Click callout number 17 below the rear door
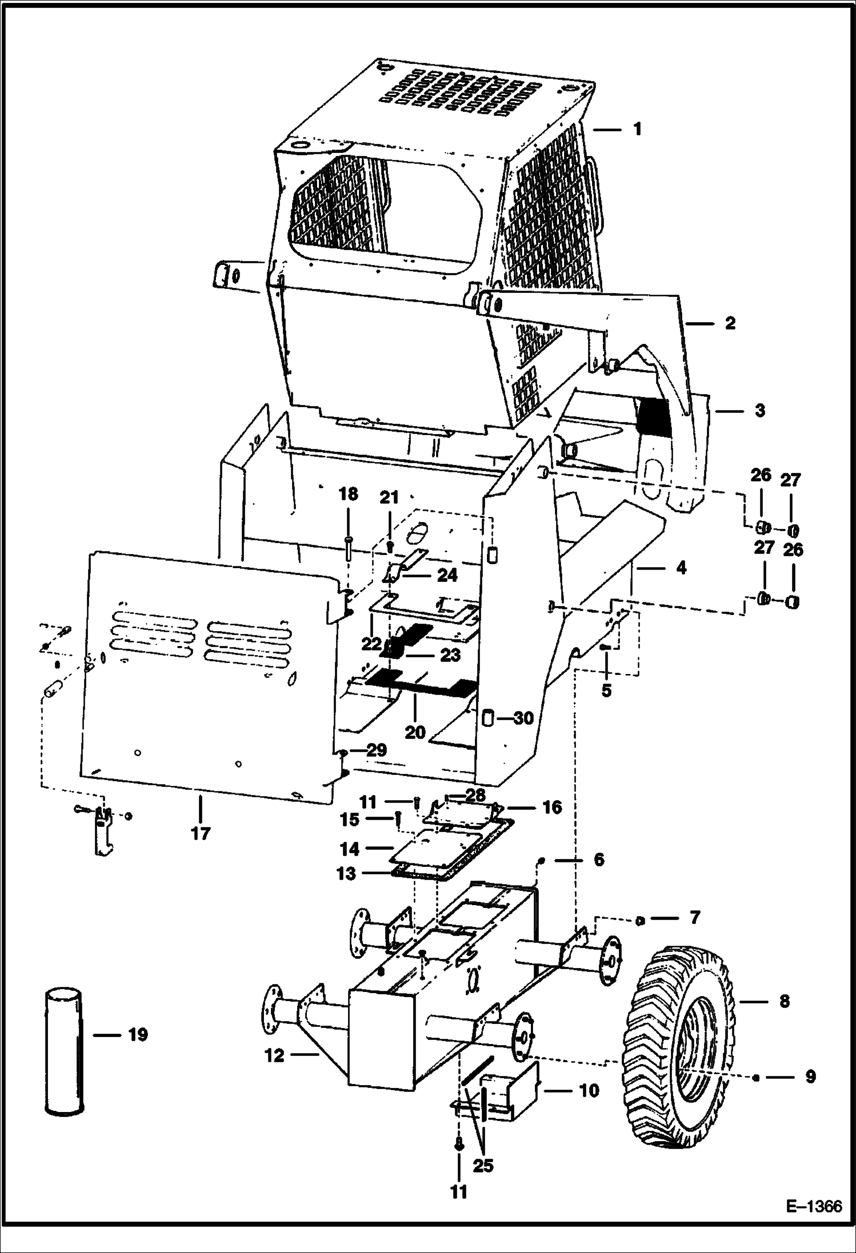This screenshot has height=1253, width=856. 201,833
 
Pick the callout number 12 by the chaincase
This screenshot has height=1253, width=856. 274,1055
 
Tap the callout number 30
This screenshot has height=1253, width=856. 523,718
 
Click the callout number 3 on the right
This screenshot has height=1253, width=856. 759,411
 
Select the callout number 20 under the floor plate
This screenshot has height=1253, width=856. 415,732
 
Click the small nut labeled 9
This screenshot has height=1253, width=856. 756,1078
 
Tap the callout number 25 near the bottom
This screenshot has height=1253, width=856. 483,1164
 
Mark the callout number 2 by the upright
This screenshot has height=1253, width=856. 730,323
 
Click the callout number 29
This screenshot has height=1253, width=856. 377,750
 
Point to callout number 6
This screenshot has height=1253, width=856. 598,876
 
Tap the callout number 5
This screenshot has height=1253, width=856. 606,690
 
